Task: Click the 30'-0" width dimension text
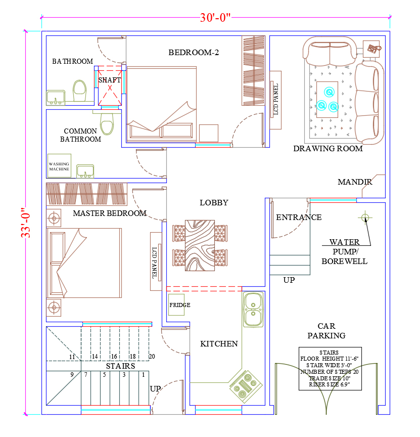[x=215, y=18]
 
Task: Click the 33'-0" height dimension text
[x=26, y=223]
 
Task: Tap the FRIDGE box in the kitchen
[x=176, y=304]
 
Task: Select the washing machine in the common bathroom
[x=59, y=166]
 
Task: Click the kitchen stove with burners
[x=246, y=386]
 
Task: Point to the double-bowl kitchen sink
[x=253, y=310]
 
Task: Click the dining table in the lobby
[x=200, y=245]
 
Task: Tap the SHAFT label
[x=110, y=80]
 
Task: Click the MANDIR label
[x=355, y=182]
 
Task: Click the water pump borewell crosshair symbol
[x=365, y=217]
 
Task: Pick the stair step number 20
[x=152, y=357]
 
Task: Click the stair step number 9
[x=72, y=375]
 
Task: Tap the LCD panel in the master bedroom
[x=156, y=261]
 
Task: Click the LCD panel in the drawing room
[x=275, y=100]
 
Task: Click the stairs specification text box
[x=330, y=368]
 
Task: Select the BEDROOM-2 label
[x=194, y=53]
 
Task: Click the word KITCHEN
[x=219, y=344]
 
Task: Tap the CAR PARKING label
[x=326, y=331]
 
